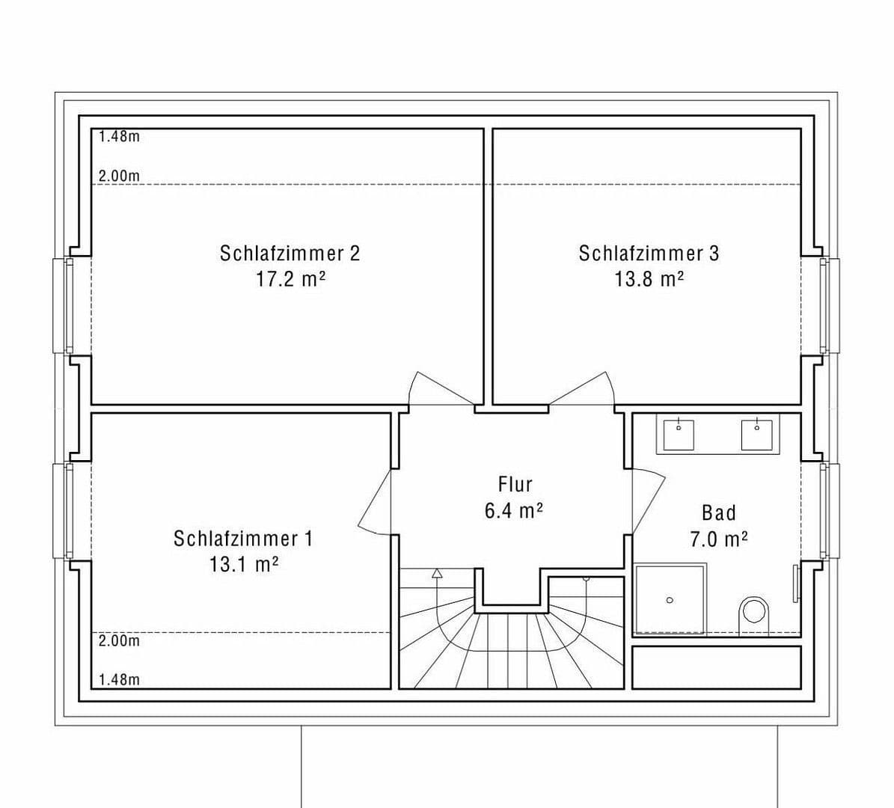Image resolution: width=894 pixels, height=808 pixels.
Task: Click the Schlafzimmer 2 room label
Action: point(290,253)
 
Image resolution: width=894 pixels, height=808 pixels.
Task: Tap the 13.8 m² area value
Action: point(649,279)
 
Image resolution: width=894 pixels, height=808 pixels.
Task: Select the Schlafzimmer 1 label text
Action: point(243,539)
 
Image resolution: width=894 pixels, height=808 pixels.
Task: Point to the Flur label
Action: point(515,484)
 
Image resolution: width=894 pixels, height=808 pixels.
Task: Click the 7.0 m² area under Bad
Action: point(718,539)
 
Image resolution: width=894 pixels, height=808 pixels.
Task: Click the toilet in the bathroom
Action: point(753,613)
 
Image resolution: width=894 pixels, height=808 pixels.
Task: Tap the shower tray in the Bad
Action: point(670,599)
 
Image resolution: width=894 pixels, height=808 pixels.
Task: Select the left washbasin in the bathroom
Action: point(679,434)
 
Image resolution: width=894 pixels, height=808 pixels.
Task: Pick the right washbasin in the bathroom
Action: point(756,434)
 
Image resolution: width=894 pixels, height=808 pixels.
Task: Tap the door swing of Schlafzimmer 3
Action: point(587,389)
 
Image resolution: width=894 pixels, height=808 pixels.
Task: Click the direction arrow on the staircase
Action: point(437,574)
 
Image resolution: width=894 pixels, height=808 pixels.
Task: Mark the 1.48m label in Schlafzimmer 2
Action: point(119,137)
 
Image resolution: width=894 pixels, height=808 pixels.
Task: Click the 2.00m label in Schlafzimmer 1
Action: point(119,641)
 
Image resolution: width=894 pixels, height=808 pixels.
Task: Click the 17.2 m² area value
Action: point(290,279)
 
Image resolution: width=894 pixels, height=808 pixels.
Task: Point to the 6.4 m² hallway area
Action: point(513,511)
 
